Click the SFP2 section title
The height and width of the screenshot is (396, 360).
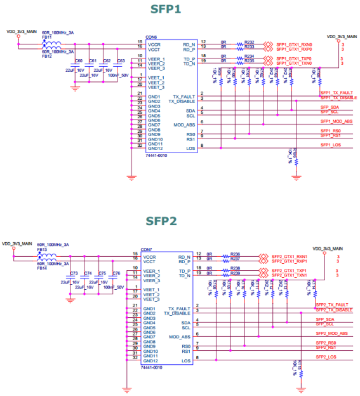[x=163, y=221]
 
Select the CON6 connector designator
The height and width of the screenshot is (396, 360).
[x=151, y=37]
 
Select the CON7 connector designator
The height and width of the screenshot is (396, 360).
[x=147, y=250]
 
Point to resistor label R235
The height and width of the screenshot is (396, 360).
[x=249, y=61]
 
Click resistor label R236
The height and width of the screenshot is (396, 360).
[x=235, y=253]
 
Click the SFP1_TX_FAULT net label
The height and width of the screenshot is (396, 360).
[x=337, y=93]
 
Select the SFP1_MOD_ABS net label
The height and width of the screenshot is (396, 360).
[x=336, y=121]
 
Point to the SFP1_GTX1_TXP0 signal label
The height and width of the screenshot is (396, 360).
[x=294, y=59]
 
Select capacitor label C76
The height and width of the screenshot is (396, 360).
[x=116, y=273]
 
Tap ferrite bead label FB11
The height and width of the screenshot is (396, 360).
[x=46, y=37]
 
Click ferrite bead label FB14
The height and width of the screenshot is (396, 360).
[x=42, y=269]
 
